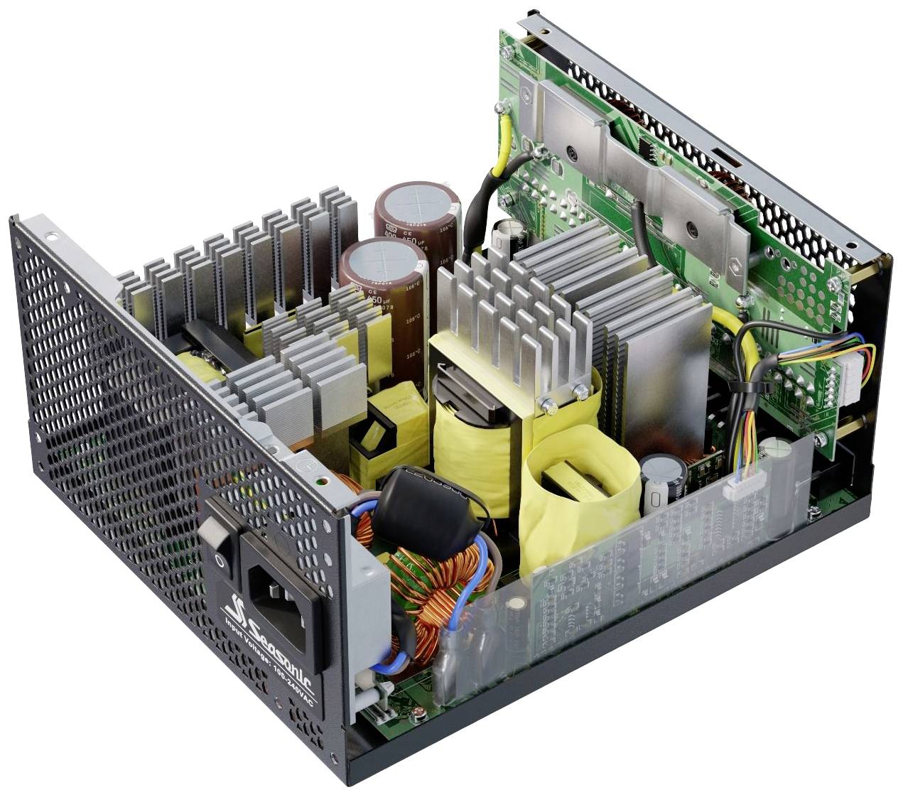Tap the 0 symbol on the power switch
pos(220,560)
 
